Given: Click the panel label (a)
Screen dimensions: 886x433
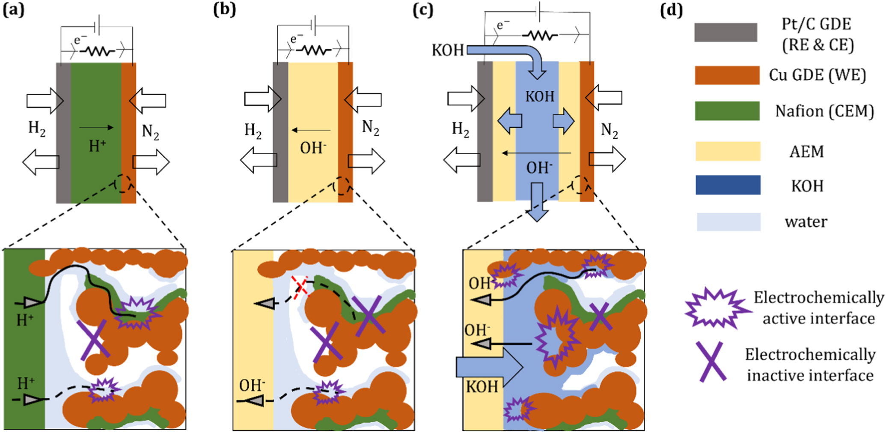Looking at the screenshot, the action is point(13,9).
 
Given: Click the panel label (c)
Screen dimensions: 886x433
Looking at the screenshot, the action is point(423,9).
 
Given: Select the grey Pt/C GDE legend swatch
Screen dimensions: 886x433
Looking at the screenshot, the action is point(725,33).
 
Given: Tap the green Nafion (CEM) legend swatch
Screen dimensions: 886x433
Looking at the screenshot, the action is point(727,111).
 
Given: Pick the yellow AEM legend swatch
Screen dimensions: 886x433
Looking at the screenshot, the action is point(728,151).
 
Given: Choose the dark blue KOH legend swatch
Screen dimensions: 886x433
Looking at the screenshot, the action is point(728,185).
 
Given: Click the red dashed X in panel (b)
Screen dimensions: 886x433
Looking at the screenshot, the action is point(301,287).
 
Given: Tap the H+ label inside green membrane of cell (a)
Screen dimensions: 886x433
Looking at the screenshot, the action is point(97,146).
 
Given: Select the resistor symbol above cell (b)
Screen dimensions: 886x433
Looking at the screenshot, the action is point(314,51).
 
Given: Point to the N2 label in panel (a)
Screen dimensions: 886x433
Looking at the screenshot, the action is point(150,132).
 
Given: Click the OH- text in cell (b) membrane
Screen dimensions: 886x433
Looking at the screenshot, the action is point(313,148).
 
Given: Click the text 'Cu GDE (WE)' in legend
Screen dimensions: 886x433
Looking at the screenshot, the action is point(817,75).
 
